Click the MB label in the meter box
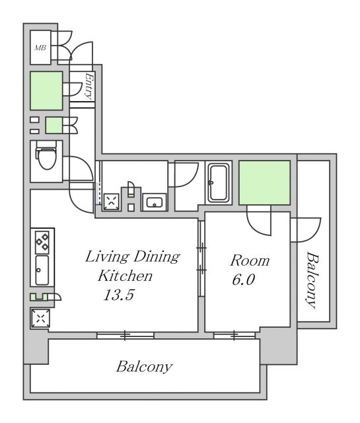[40, 48]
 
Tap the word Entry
[89, 86]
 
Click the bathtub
[219, 183]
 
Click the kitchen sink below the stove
[42, 270]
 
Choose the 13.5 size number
[119, 295]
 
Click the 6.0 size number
[243, 280]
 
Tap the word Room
[250, 260]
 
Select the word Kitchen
[125, 276]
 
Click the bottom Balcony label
[144, 367]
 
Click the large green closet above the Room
[264, 182]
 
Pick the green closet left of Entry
[46, 91]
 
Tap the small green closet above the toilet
[54, 125]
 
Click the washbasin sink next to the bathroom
[155, 202]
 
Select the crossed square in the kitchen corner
[41, 318]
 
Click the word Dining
[157, 256]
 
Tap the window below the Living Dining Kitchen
[126, 335]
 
